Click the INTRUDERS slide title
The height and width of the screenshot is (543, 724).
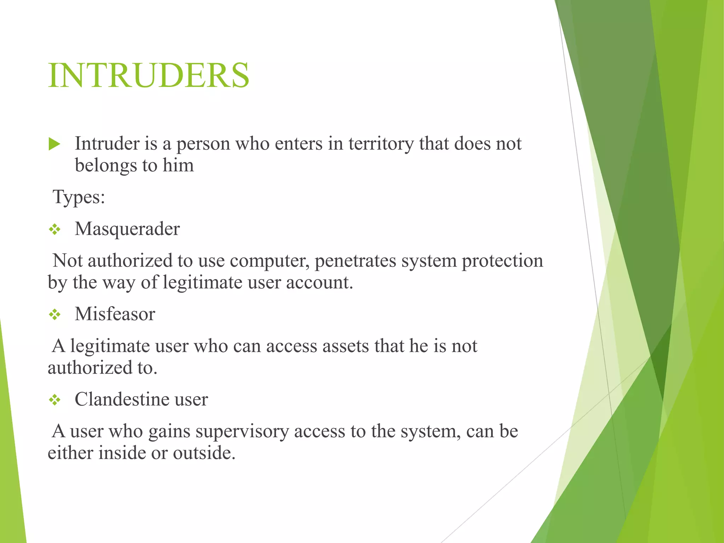coord(148,75)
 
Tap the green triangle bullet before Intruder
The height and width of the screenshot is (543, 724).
coord(54,144)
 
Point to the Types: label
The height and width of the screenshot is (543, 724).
coord(79,197)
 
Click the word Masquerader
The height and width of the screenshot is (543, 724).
coord(127,229)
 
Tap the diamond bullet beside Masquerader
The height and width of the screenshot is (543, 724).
coord(55,230)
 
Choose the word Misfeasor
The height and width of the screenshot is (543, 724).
coord(115,314)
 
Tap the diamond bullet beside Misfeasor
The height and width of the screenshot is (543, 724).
coord(55,315)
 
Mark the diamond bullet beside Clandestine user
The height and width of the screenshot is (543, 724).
coord(55,400)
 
